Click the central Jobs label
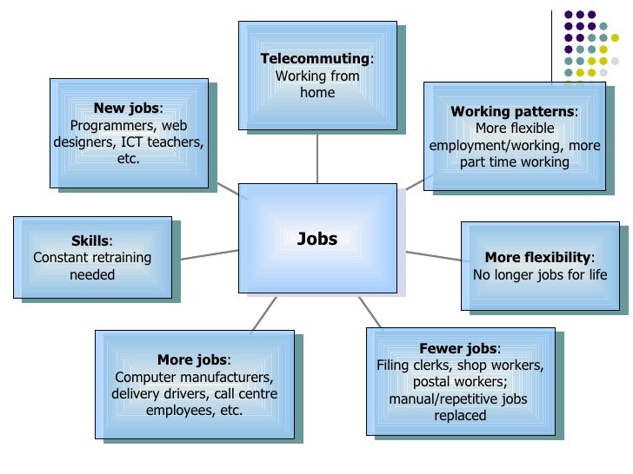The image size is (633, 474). click(x=316, y=240)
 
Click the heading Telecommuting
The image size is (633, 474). click(x=316, y=59)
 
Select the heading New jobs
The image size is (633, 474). click(x=127, y=109)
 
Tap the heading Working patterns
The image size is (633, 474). click(x=512, y=112)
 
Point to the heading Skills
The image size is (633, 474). click(x=90, y=240)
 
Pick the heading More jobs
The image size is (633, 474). click(x=192, y=360)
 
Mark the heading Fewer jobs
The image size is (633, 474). click(x=458, y=349)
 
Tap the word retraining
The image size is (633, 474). click(x=120, y=258)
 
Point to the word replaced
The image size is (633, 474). click(x=460, y=415)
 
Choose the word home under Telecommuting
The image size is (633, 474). click(x=316, y=93)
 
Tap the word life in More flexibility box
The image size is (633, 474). click(x=596, y=275)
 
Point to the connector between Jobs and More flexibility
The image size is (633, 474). click(x=433, y=256)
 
